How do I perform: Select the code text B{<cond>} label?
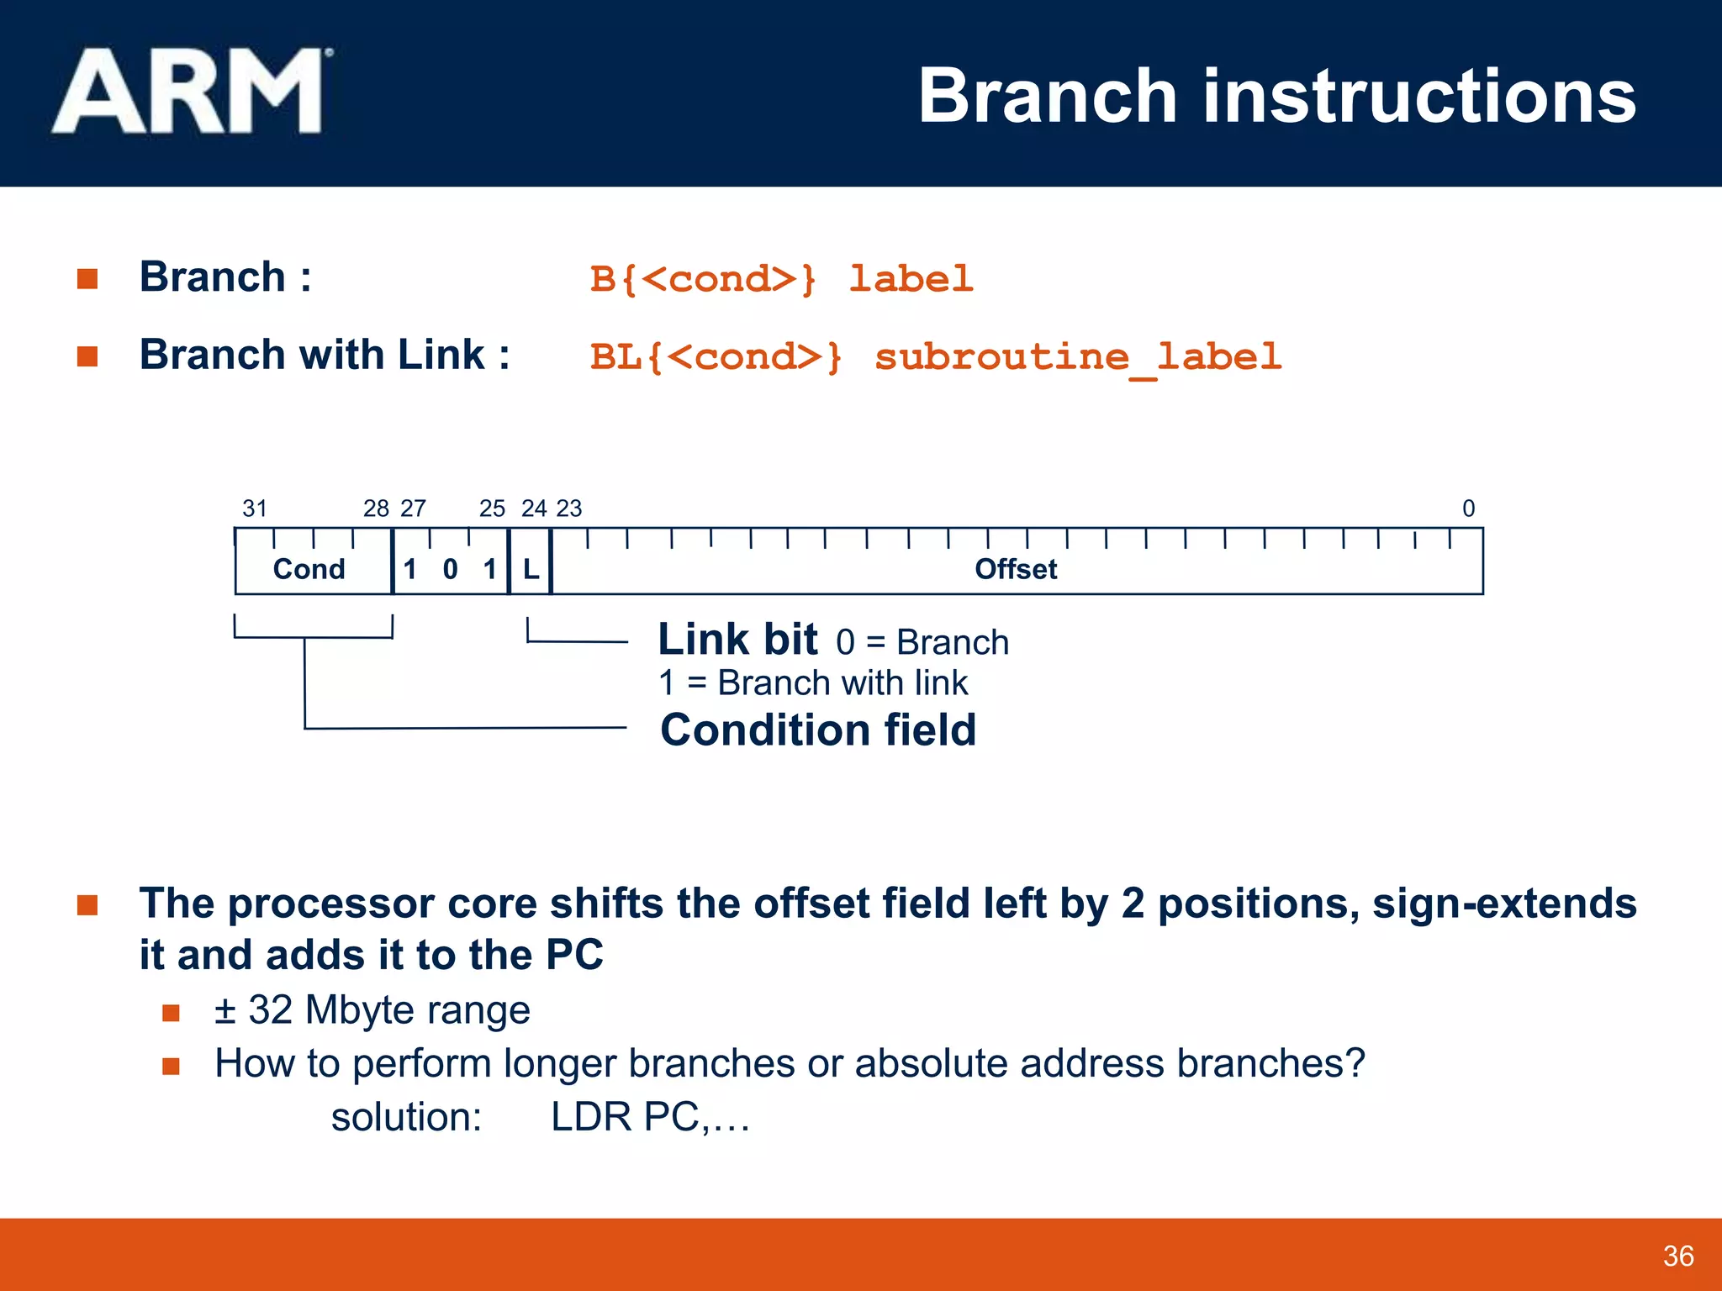pos(781,279)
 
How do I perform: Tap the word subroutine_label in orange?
pos(1078,357)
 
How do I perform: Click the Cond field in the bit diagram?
pos(309,569)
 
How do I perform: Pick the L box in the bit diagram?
pos(531,569)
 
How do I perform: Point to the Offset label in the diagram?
pos(1015,569)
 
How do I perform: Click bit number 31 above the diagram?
pos(255,508)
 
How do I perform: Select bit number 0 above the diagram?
pos(1468,508)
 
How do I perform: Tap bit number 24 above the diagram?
pos(534,508)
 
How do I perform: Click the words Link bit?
pos(737,640)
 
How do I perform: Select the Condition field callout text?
pos(818,730)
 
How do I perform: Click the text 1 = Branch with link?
pos(813,682)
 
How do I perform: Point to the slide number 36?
pos(1678,1256)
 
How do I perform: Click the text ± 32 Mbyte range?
pos(372,1009)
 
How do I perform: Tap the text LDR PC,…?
pos(650,1117)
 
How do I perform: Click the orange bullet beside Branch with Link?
pos(87,356)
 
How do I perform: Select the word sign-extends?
pos(1504,904)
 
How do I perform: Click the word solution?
pos(406,1117)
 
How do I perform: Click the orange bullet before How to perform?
pos(172,1066)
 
